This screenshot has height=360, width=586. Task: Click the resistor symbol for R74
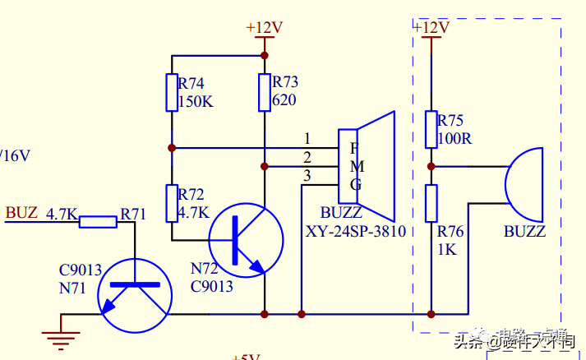point(172,92)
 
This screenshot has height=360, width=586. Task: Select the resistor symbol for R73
point(264,92)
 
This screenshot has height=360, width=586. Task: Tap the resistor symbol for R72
point(172,203)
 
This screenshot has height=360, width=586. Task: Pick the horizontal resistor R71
point(99,220)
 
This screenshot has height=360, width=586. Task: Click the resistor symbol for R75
point(431,129)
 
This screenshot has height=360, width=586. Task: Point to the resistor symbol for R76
point(431,203)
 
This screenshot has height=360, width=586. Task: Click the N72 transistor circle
point(245,239)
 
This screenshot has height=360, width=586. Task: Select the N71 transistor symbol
point(135,295)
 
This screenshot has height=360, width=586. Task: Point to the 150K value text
point(196,102)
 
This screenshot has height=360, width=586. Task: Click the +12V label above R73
point(264,28)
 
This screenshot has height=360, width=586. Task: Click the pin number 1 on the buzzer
point(307,138)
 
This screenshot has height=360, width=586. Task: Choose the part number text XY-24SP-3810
point(355,232)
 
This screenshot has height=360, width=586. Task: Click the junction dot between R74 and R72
point(172,148)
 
